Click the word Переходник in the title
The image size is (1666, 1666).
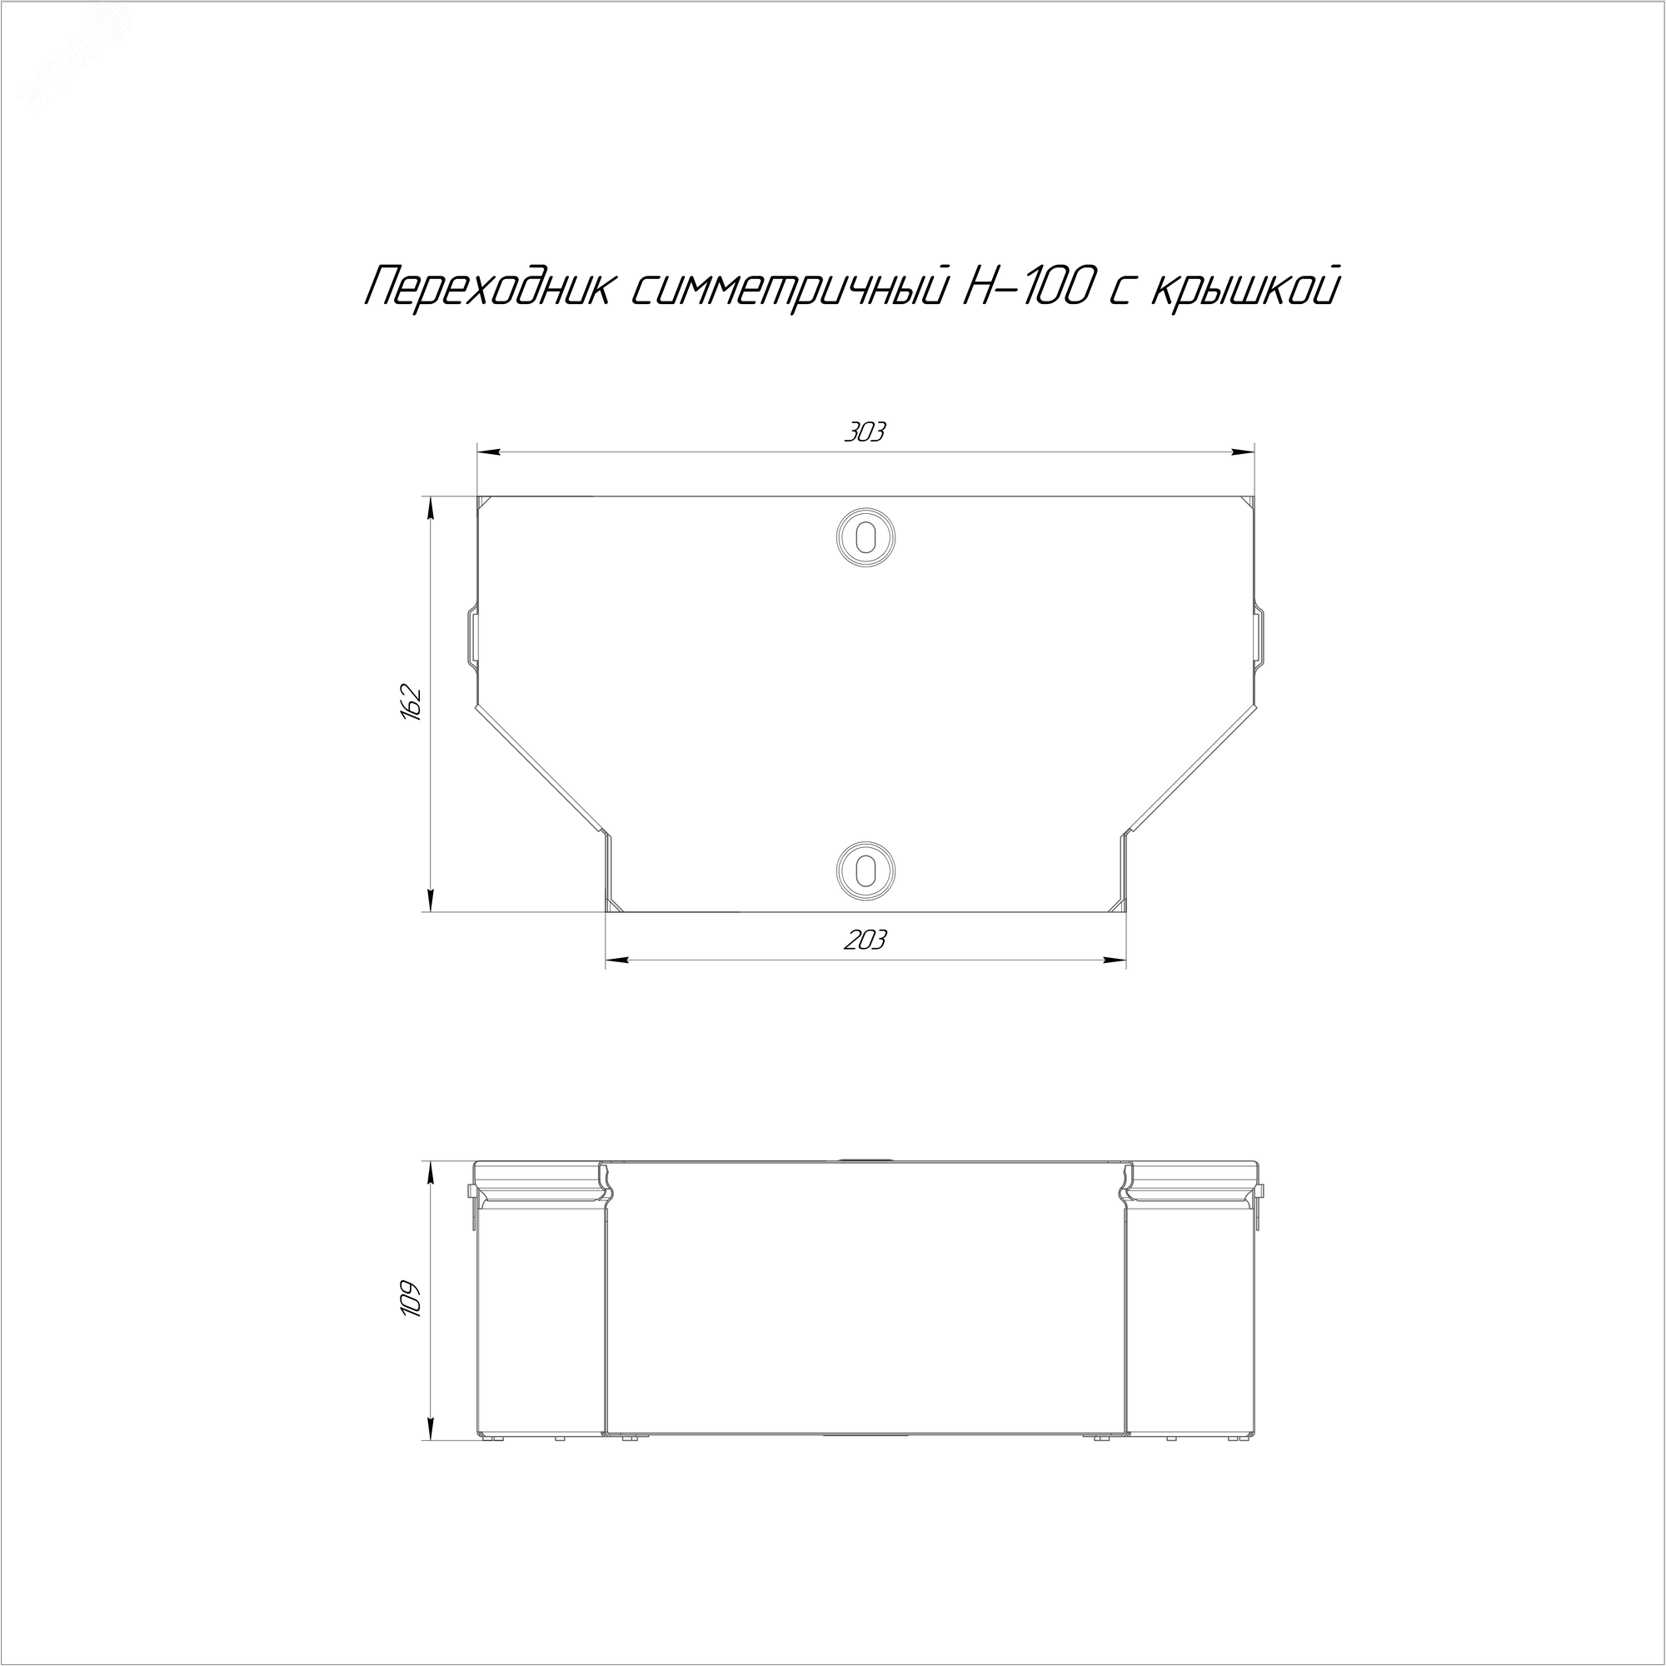pyautogui.click(x=486, y=287)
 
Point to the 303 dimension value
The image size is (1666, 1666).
pyautogui.click(x=865, y=432)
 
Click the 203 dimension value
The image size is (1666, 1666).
pyautogui.click(x=865, y=939)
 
